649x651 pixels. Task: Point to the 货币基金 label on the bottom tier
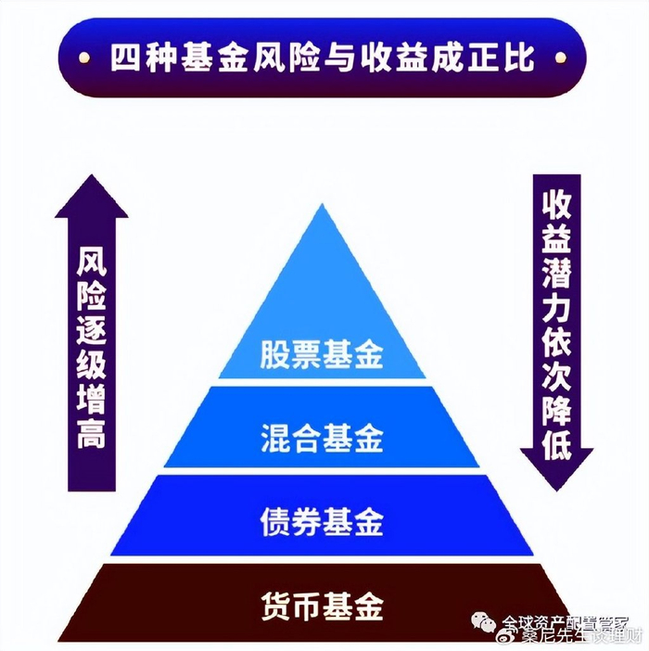[x=321, y=608]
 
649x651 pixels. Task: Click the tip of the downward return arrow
[x=557, y=486]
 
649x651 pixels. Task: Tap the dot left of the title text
[x=84, y=57]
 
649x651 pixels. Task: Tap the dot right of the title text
[x=560, y=57]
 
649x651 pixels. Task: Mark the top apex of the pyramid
[x=322, y=206]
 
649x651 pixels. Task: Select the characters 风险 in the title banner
[x=284, y=57]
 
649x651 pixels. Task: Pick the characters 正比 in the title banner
[x=507, y=57]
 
